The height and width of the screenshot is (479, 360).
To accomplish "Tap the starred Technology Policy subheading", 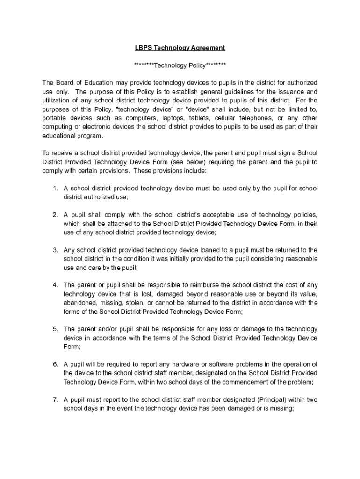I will click(x=180, y=65).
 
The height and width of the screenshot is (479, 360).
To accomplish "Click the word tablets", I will click(x=199, y=118).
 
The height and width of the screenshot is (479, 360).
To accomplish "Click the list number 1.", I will click(x=55, y=189).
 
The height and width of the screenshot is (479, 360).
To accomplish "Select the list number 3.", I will click(x=55, y=250).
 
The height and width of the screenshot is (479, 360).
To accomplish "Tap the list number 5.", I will click(x=55, y=329).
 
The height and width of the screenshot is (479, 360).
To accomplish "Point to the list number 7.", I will click(x=55, y=400).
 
